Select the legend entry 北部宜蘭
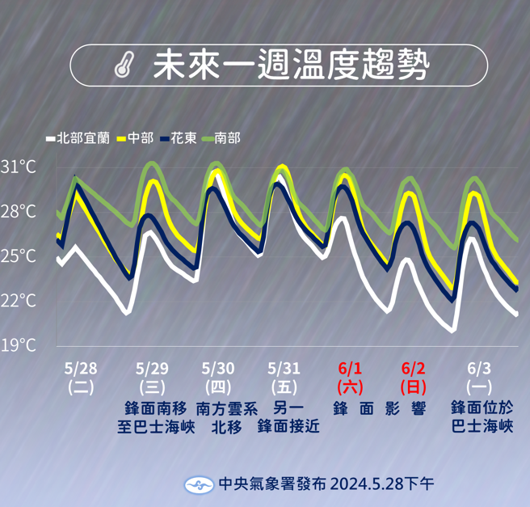[x=82, y=137]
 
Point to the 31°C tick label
[x=19, y=167]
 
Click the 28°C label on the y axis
[x=19, y=212]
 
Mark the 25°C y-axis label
[x=19, y=256]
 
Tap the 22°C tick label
[x=19, y=301]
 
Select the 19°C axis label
[x=19, y=345]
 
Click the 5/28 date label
[x=81, y=369]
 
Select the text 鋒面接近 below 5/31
[x=288, y=427]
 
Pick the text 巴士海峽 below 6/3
[x=482, y=427]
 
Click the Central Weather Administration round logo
[x=199, y=484]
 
